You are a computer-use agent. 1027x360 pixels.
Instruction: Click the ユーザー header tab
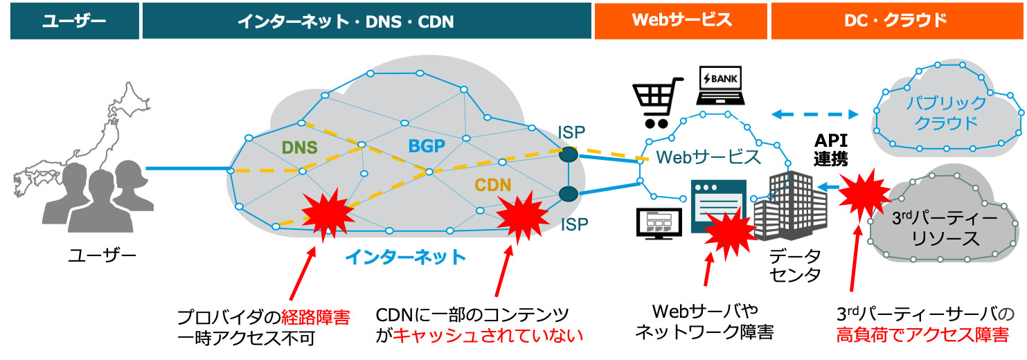coord(73,21)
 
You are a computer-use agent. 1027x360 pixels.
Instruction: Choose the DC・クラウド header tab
coord(895,21)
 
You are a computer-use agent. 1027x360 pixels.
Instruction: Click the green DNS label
coord(299,147)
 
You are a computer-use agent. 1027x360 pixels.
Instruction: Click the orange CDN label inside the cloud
coord(492,186)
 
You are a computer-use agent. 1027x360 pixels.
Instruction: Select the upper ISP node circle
coord(568,154)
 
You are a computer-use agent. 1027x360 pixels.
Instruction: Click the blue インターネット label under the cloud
coord(405,258)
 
